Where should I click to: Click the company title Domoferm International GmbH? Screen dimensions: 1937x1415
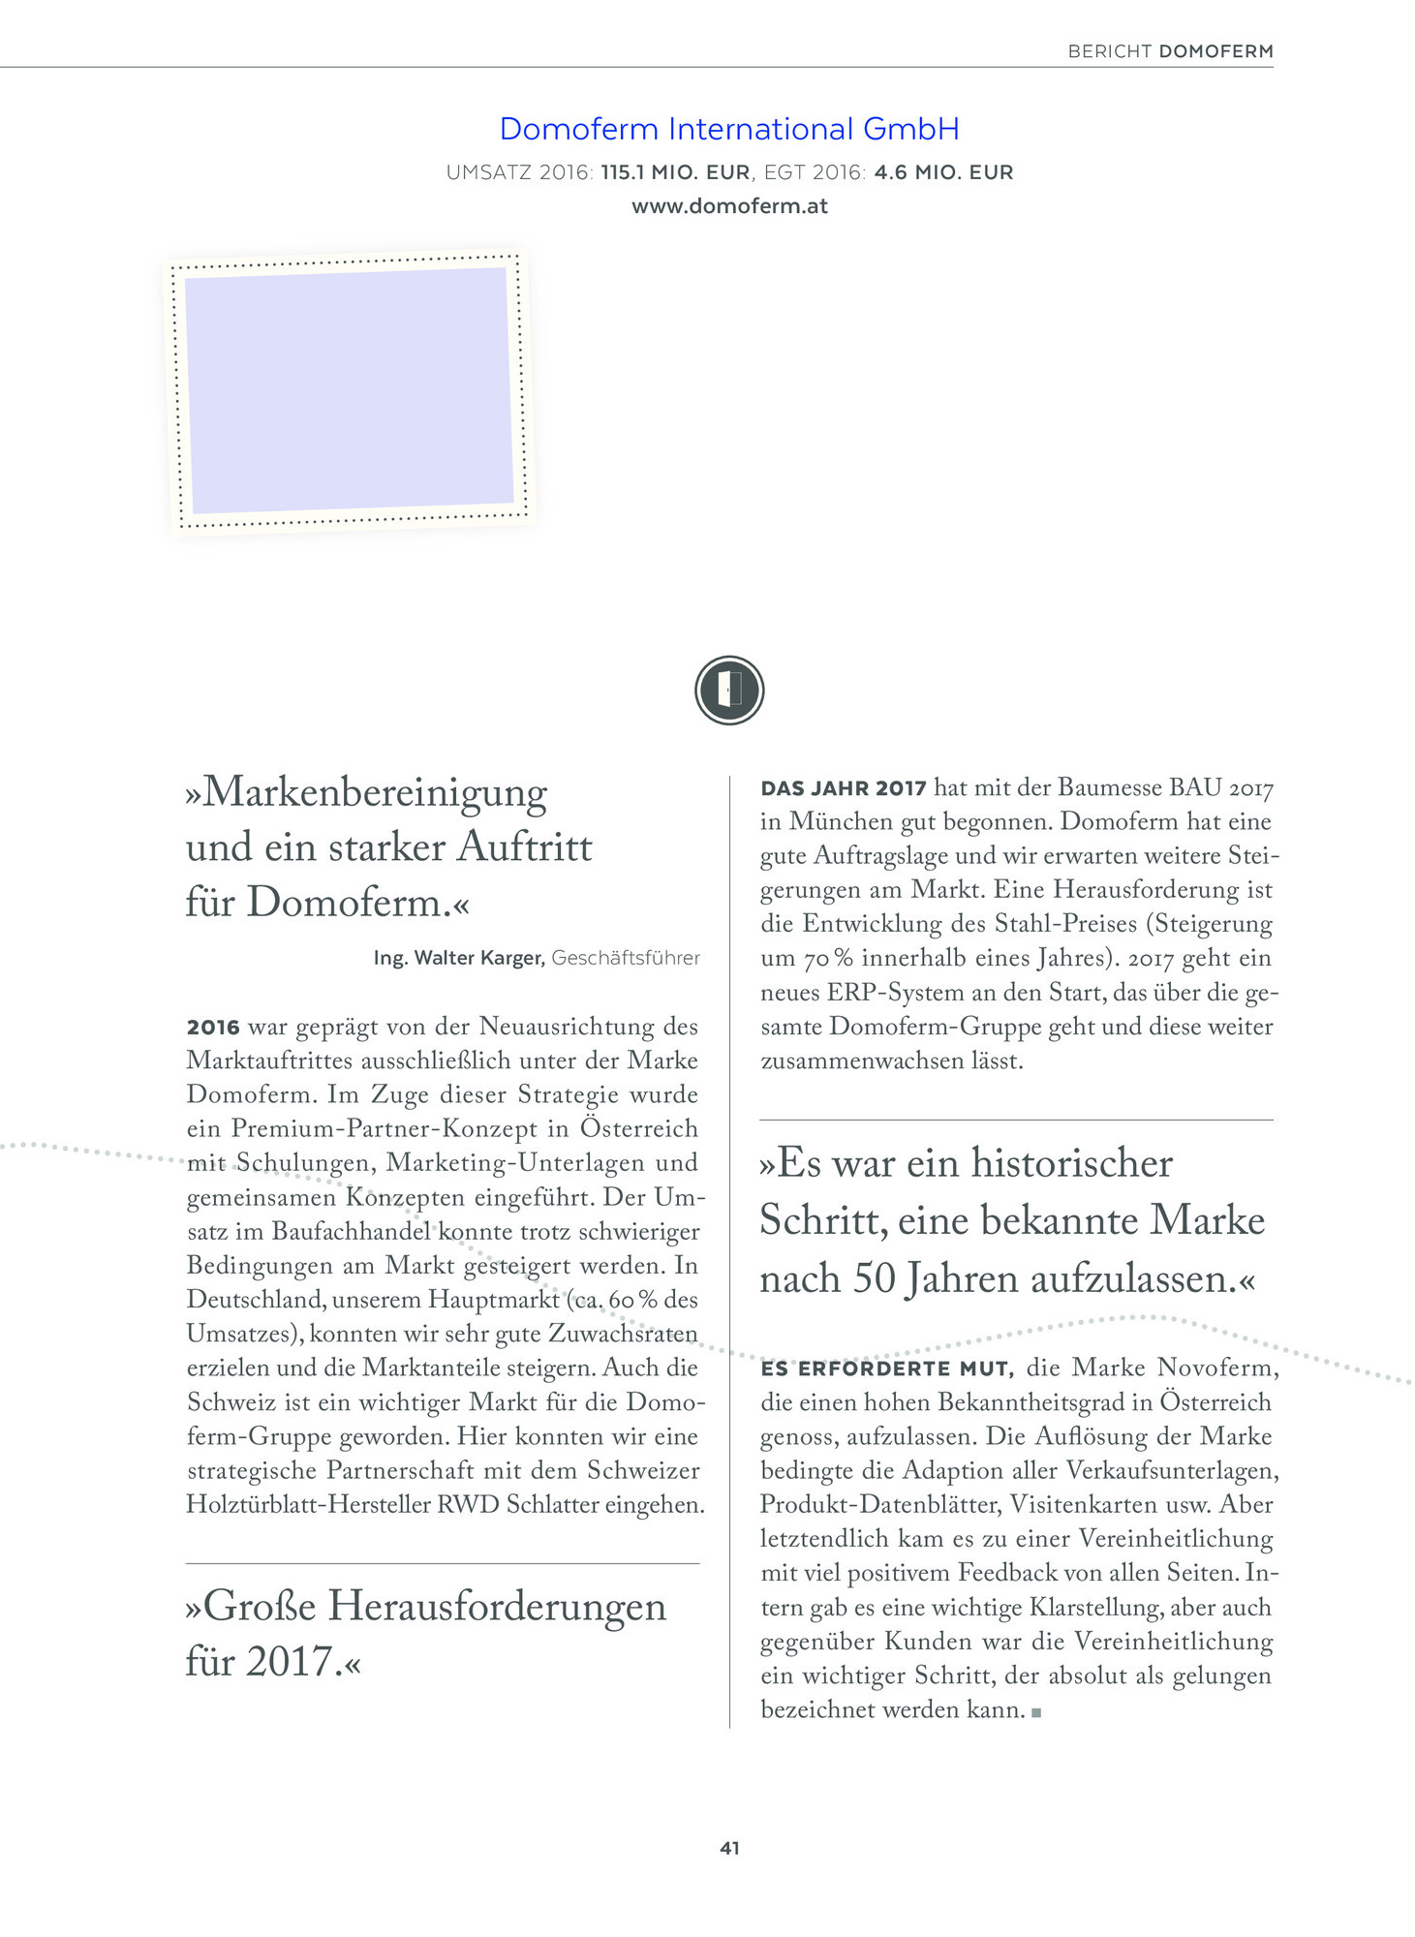tap(729, 129)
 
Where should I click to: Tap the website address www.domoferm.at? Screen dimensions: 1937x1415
tap(729, 206)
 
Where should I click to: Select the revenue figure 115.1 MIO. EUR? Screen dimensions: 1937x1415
tap(675, 172)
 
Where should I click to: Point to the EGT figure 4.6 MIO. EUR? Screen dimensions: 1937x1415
tap(943, 172)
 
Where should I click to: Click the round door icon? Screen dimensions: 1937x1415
tap(729, 691)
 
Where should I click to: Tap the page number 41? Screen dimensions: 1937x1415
tap(729, 1848)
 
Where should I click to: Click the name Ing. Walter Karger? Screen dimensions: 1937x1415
tap(459, 958)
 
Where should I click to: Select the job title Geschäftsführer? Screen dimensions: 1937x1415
tap(626, 958)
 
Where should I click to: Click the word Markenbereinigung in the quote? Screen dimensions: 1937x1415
tap(376, 792)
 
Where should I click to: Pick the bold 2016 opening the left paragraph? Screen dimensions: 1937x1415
tap(213, 1027)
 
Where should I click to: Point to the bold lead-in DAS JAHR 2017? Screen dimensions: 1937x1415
tap(844, 788)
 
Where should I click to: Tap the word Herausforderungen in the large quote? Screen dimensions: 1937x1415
tap(497, 1607)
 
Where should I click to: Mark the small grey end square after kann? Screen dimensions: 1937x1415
tap(1036, 1712)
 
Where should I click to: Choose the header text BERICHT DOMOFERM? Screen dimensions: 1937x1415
tap(1170, 51)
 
